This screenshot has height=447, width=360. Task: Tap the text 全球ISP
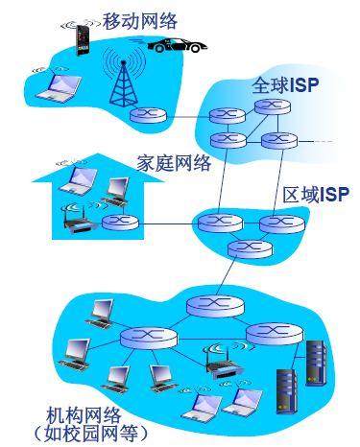click(x=284, y=84)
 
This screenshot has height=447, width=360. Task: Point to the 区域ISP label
click(x=316, y=195)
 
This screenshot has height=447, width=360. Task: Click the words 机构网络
click(x=84, y=414)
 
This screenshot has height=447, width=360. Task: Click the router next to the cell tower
click(x=148, y=116)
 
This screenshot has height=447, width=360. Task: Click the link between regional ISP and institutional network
click(x=231, y=277)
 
